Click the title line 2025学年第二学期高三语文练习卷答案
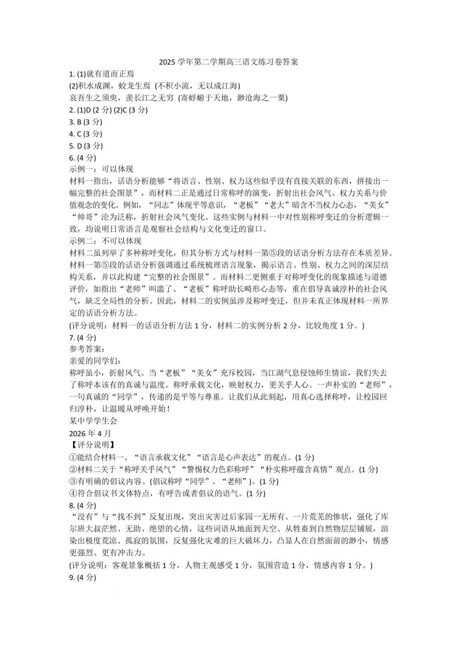click(x=228, y=62)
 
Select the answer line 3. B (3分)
click(x=85, y=122)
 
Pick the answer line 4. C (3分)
click(x=85, y=134)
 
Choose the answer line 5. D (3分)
click(x=85, y=146)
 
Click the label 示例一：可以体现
click(x=101, y=169)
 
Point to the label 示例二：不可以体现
click(x=105, y=241)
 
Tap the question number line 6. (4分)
click(x=83, y=158)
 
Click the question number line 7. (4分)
click(x=83, y=337)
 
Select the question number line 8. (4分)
click(x=83, y=505)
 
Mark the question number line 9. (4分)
click(x=83, y=577)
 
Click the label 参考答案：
click(x=87, y=349)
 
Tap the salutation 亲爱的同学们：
click(x=95, y=361)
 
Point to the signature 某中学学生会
click(x=93, y=421)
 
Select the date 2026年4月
click(x=90, y=433)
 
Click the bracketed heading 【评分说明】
click(x=92, y=445)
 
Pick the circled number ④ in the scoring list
click(x=73, y=493)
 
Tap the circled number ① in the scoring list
click(x=73, y=457)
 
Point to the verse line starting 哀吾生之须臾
click(x=178, y=98)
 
